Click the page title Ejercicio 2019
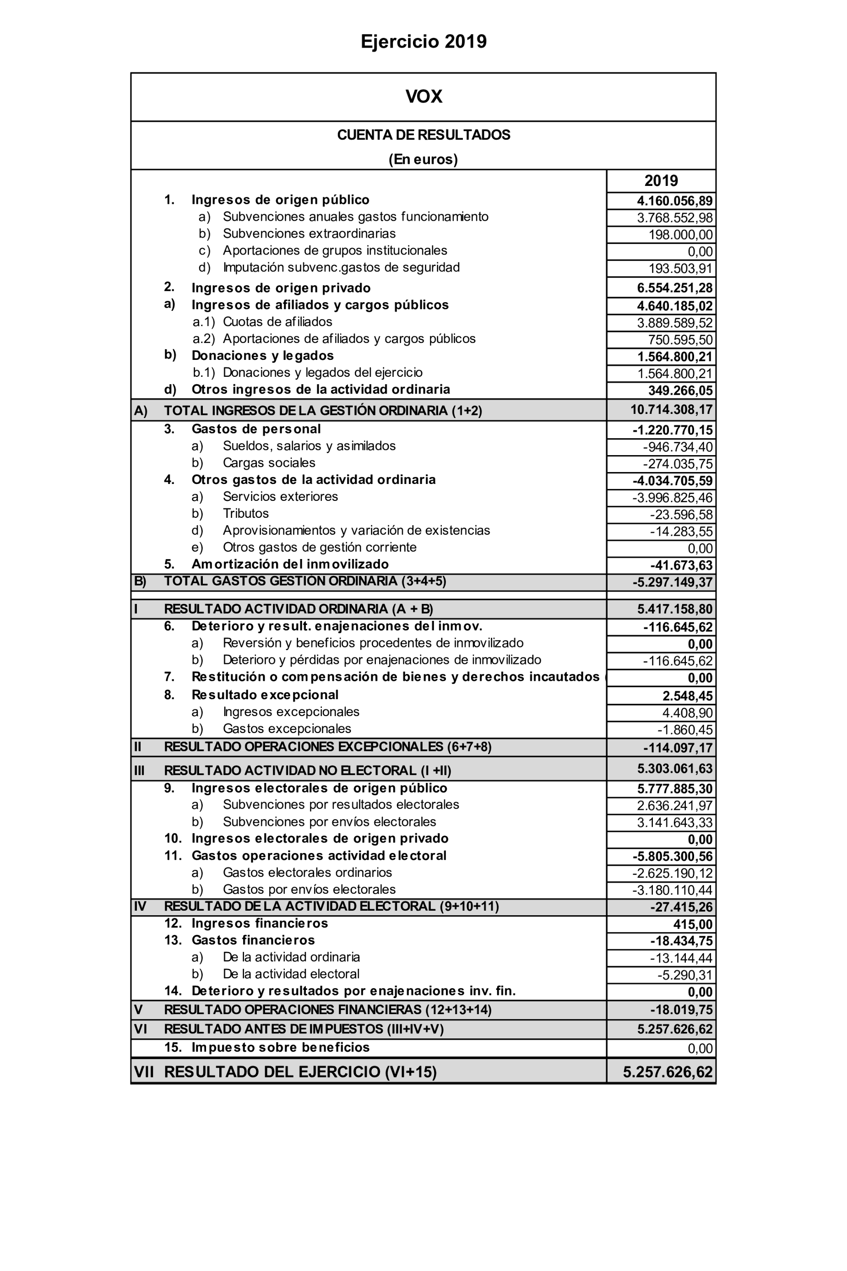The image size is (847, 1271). point(423,42)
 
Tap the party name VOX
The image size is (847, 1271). point(423,97)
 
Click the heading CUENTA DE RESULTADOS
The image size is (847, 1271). point(423,135)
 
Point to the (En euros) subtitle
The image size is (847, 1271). point(423,159)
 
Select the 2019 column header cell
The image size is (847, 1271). point(661,181)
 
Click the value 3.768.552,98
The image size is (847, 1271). point(675,217)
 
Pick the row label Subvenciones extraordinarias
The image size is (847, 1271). point(309,234)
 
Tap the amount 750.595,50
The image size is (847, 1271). point(680,340)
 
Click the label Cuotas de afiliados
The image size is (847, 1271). point(277,322)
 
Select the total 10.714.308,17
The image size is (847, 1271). point(672,409)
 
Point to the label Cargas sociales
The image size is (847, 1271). point(269,463)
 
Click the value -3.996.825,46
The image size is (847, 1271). point(673,498)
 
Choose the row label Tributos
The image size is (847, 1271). point(246,513)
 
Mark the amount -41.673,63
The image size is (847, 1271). point(681,565)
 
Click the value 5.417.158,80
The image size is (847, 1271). point(675,609)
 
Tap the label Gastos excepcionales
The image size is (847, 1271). point(287,729)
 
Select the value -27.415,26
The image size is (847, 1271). point(681,907)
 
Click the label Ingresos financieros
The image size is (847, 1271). point(259,923)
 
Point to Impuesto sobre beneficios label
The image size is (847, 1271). point(280,1048)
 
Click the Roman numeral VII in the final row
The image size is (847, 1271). point(144,1072)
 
